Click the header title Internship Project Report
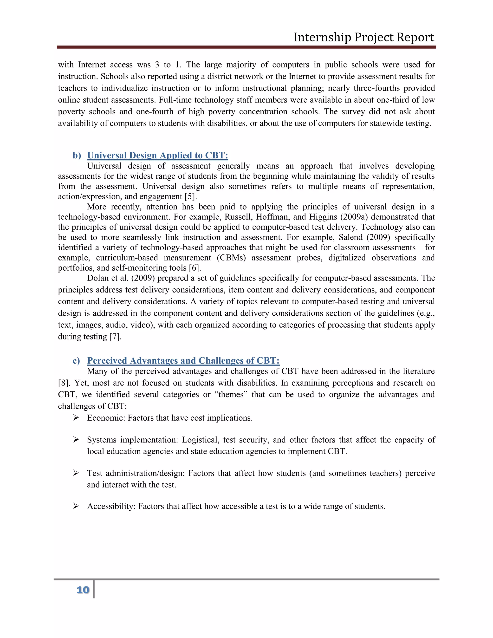pyautogui.click(x=364, y=37)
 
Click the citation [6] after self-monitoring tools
pyautogui.click(x=195, y=268)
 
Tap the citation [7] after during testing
pyautogui.click(x=115, y=337)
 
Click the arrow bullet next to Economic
pyautogui.click(x=76, y=418)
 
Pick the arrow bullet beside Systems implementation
pyautogui.click(x=76, y=440)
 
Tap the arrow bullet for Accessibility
pyautogui.click(x=76, y=506)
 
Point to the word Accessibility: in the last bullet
pyautogui.click(x=111, y=506)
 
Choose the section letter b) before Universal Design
pyautogui.click(x=77, y=156)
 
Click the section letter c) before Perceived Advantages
pyautogui.click(x=77, y=361)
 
